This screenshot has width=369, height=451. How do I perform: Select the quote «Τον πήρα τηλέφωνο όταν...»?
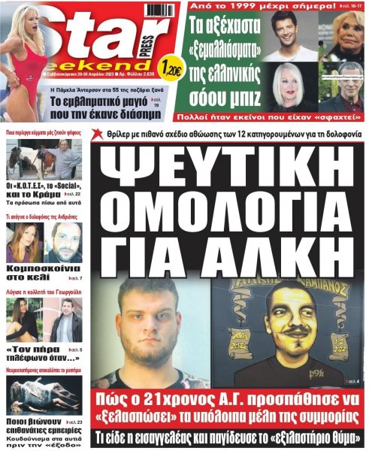click(x=35, y=358)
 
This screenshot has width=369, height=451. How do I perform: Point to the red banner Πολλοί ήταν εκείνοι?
click(x=276, y=117)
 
